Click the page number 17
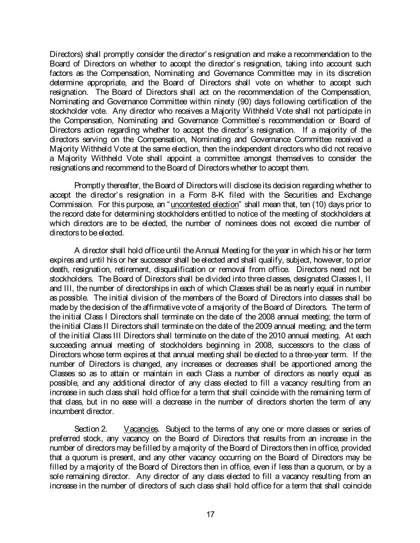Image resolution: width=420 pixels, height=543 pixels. (211, 514)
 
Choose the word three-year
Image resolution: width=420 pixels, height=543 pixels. (307, 354)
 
